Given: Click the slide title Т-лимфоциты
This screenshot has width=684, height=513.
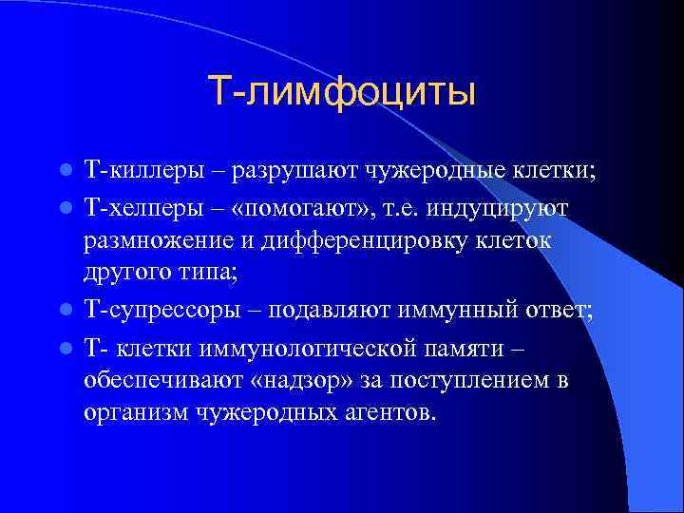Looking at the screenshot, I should pyautogui.click(x=341, y=92).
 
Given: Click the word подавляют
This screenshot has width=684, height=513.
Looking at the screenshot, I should pyautogui.click(x=320, y=311).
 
